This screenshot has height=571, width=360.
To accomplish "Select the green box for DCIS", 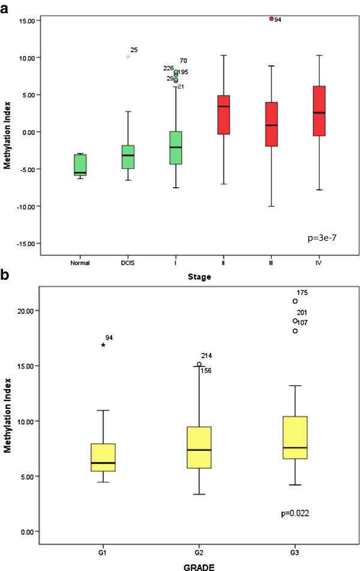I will click(128, 157).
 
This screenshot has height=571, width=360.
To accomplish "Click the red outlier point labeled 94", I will click(271, 19).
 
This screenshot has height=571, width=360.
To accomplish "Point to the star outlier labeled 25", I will click(128, 56).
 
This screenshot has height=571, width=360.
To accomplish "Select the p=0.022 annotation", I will click(295, 513).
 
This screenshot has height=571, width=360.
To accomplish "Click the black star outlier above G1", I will click(103, 345).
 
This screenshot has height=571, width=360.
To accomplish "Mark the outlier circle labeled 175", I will click(295, 301).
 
